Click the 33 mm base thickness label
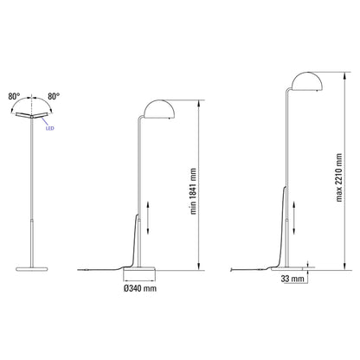coord(293,280)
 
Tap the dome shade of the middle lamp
coord(158,109)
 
